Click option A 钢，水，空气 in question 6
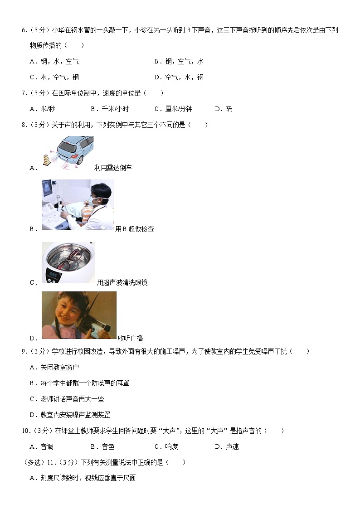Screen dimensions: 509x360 [x=54, y=62]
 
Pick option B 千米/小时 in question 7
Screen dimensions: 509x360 [x=109, y=109]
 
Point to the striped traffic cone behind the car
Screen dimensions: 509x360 [x=46, y=159]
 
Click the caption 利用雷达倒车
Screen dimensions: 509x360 [x=113, y=168]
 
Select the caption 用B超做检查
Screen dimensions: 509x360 [x=135, y=229]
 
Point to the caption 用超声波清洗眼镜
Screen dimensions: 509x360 [x=122, y=283]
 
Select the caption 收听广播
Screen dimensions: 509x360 [x=130, y=338]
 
